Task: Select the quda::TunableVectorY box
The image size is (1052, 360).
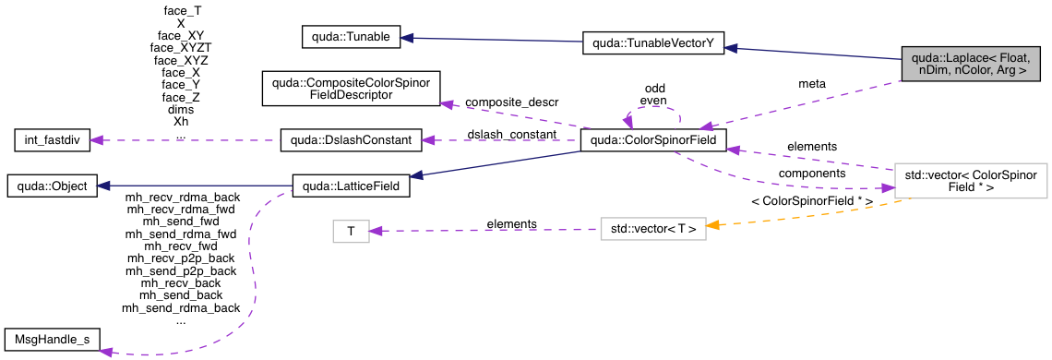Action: [652, 43]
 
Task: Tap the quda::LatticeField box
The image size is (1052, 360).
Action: [351, 186]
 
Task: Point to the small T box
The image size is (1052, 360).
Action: [351, 232]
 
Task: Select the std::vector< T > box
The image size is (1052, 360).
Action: [652, 226]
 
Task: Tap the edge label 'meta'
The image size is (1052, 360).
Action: [812, 83]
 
